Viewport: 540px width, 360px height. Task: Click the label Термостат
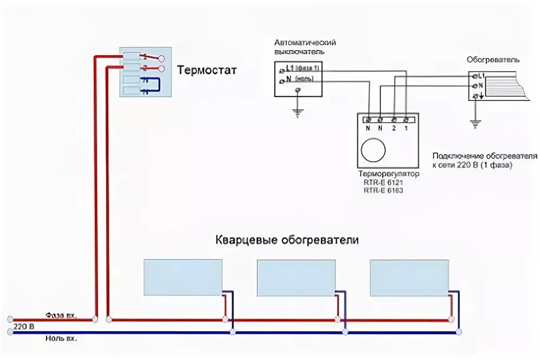point(207,70)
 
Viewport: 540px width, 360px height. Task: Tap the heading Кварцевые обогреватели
point(287,240)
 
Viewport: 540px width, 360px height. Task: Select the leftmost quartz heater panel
point(183,277)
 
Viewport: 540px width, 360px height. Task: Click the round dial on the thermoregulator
point(374,150)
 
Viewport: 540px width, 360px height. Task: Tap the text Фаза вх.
point(61,315)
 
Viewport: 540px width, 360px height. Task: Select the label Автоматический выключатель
point(305,47)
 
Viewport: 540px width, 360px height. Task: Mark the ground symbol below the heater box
point(476,124)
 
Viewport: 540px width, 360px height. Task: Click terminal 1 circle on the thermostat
point(162,59)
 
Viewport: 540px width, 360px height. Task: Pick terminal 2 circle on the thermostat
point(162,69)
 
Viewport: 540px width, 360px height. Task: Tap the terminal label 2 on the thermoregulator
point(394,128)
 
